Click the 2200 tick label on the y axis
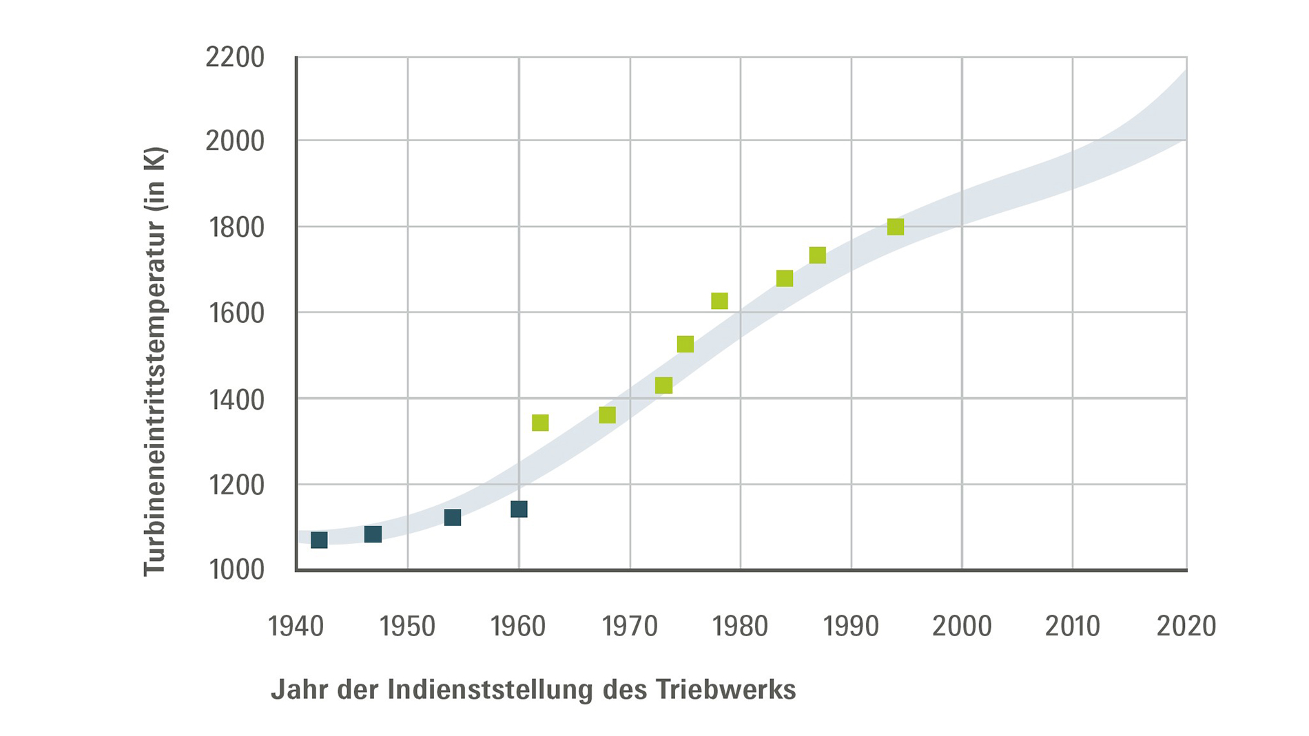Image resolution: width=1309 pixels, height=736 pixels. [x=235, y=58]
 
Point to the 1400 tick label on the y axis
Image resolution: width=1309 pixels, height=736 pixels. [x=236, y=399]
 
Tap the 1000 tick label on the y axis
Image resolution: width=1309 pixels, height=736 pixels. [x=236, y=570]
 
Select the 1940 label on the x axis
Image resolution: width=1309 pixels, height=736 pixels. [x=296, y=627]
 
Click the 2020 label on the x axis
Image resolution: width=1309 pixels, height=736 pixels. [x=1186, y=627]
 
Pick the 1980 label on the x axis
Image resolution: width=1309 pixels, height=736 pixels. [x=740, y=627]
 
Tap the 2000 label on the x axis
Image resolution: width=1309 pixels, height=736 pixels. [x=962, y=627]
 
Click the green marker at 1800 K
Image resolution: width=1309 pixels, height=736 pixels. [x=895, y=227]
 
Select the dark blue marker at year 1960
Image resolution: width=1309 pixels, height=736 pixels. [x=519, y=509]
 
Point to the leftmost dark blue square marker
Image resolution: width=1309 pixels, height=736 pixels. [x=319, y=540]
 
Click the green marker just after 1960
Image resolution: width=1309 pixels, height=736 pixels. [x=540, y=422]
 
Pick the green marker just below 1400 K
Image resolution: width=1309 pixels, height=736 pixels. [x=607, y=414]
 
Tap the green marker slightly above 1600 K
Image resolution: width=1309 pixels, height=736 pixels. [x=719, y=301]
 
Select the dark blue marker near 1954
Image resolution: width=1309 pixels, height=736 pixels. [x=452, y=517]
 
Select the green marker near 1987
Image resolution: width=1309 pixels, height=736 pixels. [x=817, y=255]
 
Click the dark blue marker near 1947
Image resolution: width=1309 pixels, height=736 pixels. [x=373, y=534]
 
